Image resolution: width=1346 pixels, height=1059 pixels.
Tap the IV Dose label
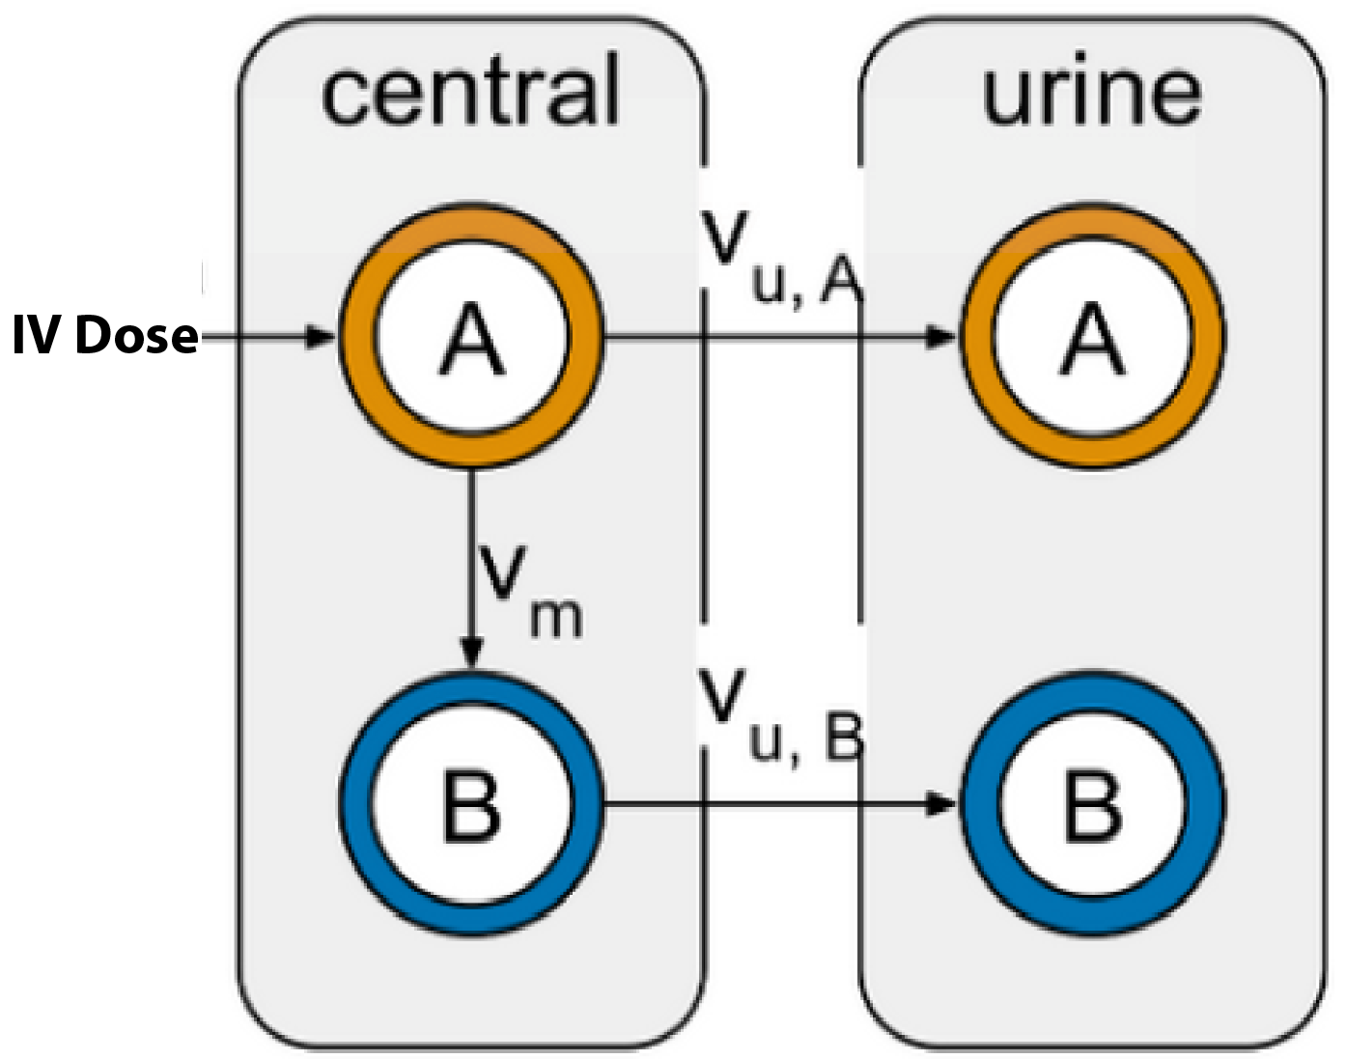click(x=105, y=336)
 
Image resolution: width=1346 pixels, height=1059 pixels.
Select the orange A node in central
click(x=471, y=337)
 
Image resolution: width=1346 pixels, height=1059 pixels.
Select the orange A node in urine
click(x=1092, y=337)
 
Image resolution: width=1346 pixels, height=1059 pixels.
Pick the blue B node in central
click(x=471, y=803)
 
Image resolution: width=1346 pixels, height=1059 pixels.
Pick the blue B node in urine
click(x=1092, y=803)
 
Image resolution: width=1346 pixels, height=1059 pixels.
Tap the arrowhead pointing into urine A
click(x=940, y=337)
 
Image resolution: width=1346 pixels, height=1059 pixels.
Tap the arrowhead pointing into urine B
click(x=940, y=803)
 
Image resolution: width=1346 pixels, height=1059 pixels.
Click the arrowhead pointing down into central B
click(x=471, y=653)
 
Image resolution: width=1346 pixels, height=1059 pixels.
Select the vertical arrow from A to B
click(x=471, y=560)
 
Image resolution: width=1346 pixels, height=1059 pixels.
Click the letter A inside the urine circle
click(x=1092, y=339)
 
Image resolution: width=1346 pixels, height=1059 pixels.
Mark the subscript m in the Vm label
click(x=556, y=617)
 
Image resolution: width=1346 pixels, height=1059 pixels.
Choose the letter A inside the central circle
click(x=471, y=339)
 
